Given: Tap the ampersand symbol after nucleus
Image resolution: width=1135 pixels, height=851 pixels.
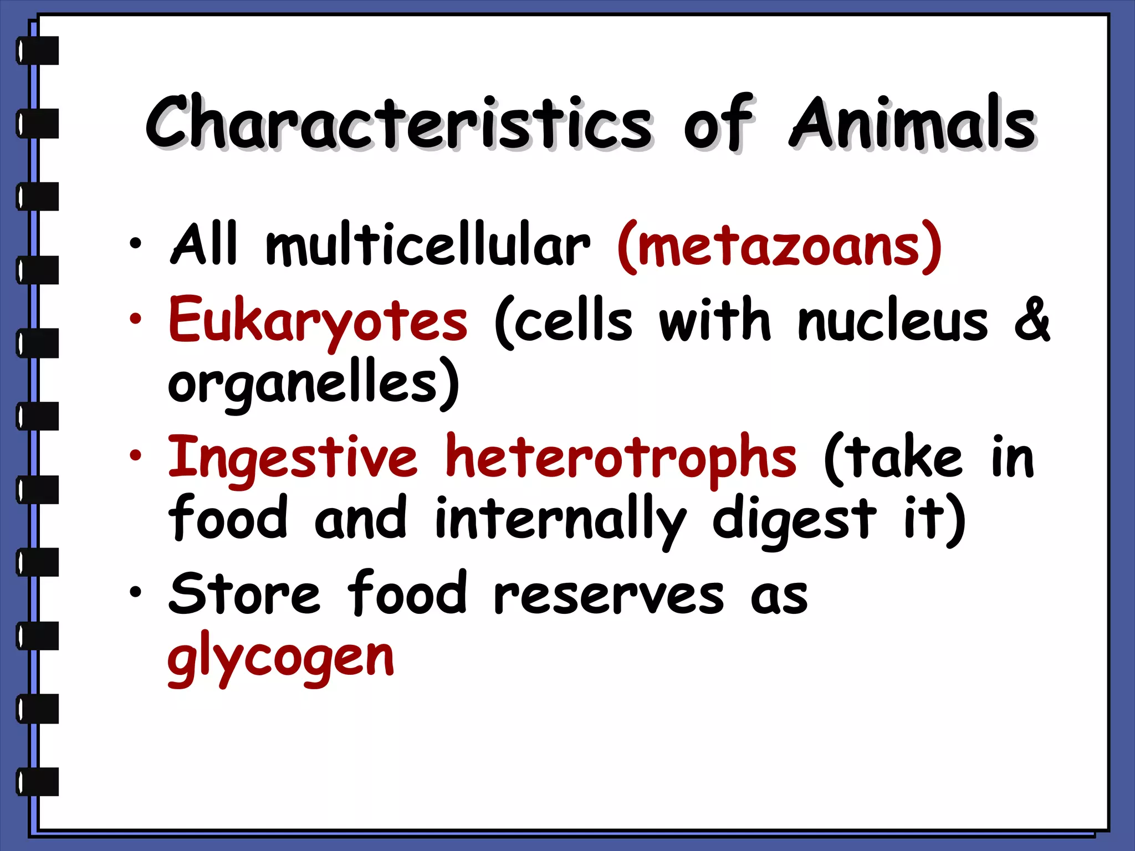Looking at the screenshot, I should [1032, 320].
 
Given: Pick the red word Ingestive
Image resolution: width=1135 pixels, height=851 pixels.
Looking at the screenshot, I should [293, 458].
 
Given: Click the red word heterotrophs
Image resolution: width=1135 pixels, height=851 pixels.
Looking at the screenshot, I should [621, 458].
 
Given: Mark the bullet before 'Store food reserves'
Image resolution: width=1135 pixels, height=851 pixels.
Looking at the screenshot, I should [135, 592].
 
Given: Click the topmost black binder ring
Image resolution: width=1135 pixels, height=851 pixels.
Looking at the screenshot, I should [38, 50].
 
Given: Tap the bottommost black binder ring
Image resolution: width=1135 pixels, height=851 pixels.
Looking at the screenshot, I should [38, 782].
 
